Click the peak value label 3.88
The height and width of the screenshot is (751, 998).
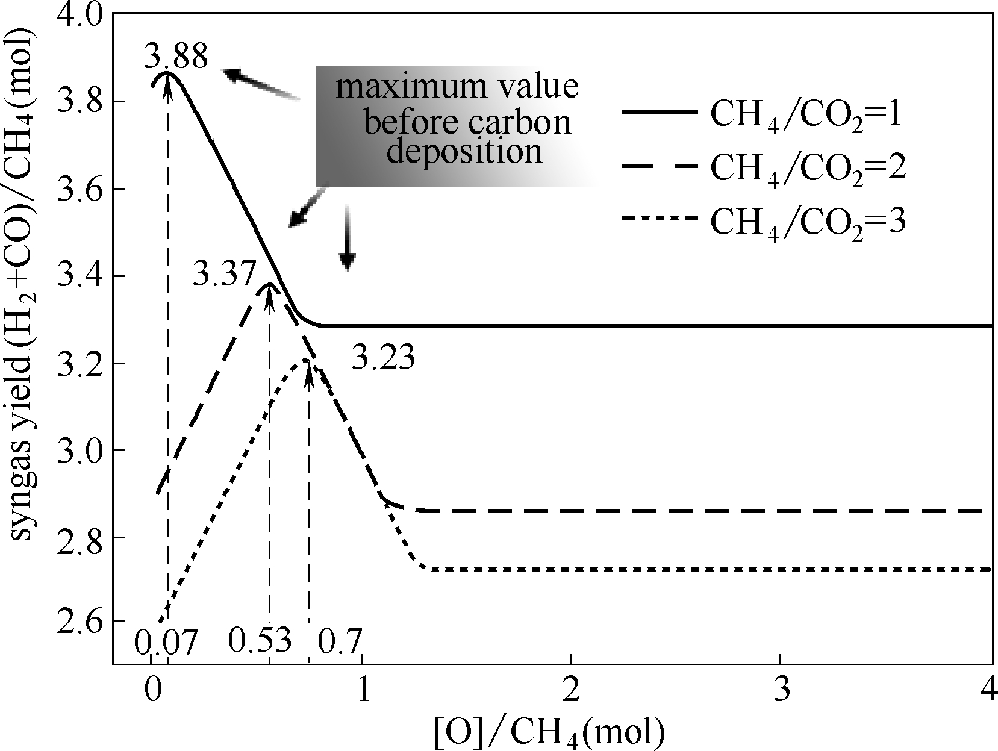pyautogui.click(x=176, y=58)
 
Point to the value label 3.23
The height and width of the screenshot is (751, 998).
pyautogui.click(x=384, y=358)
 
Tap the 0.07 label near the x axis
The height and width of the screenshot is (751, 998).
pyautogui.click(x=166, y=643)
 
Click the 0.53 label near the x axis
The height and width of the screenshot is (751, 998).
pyautogui.click(x=260, y=641)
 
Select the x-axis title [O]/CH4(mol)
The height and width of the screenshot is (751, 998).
pyautogui.click(x=549, y=731)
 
